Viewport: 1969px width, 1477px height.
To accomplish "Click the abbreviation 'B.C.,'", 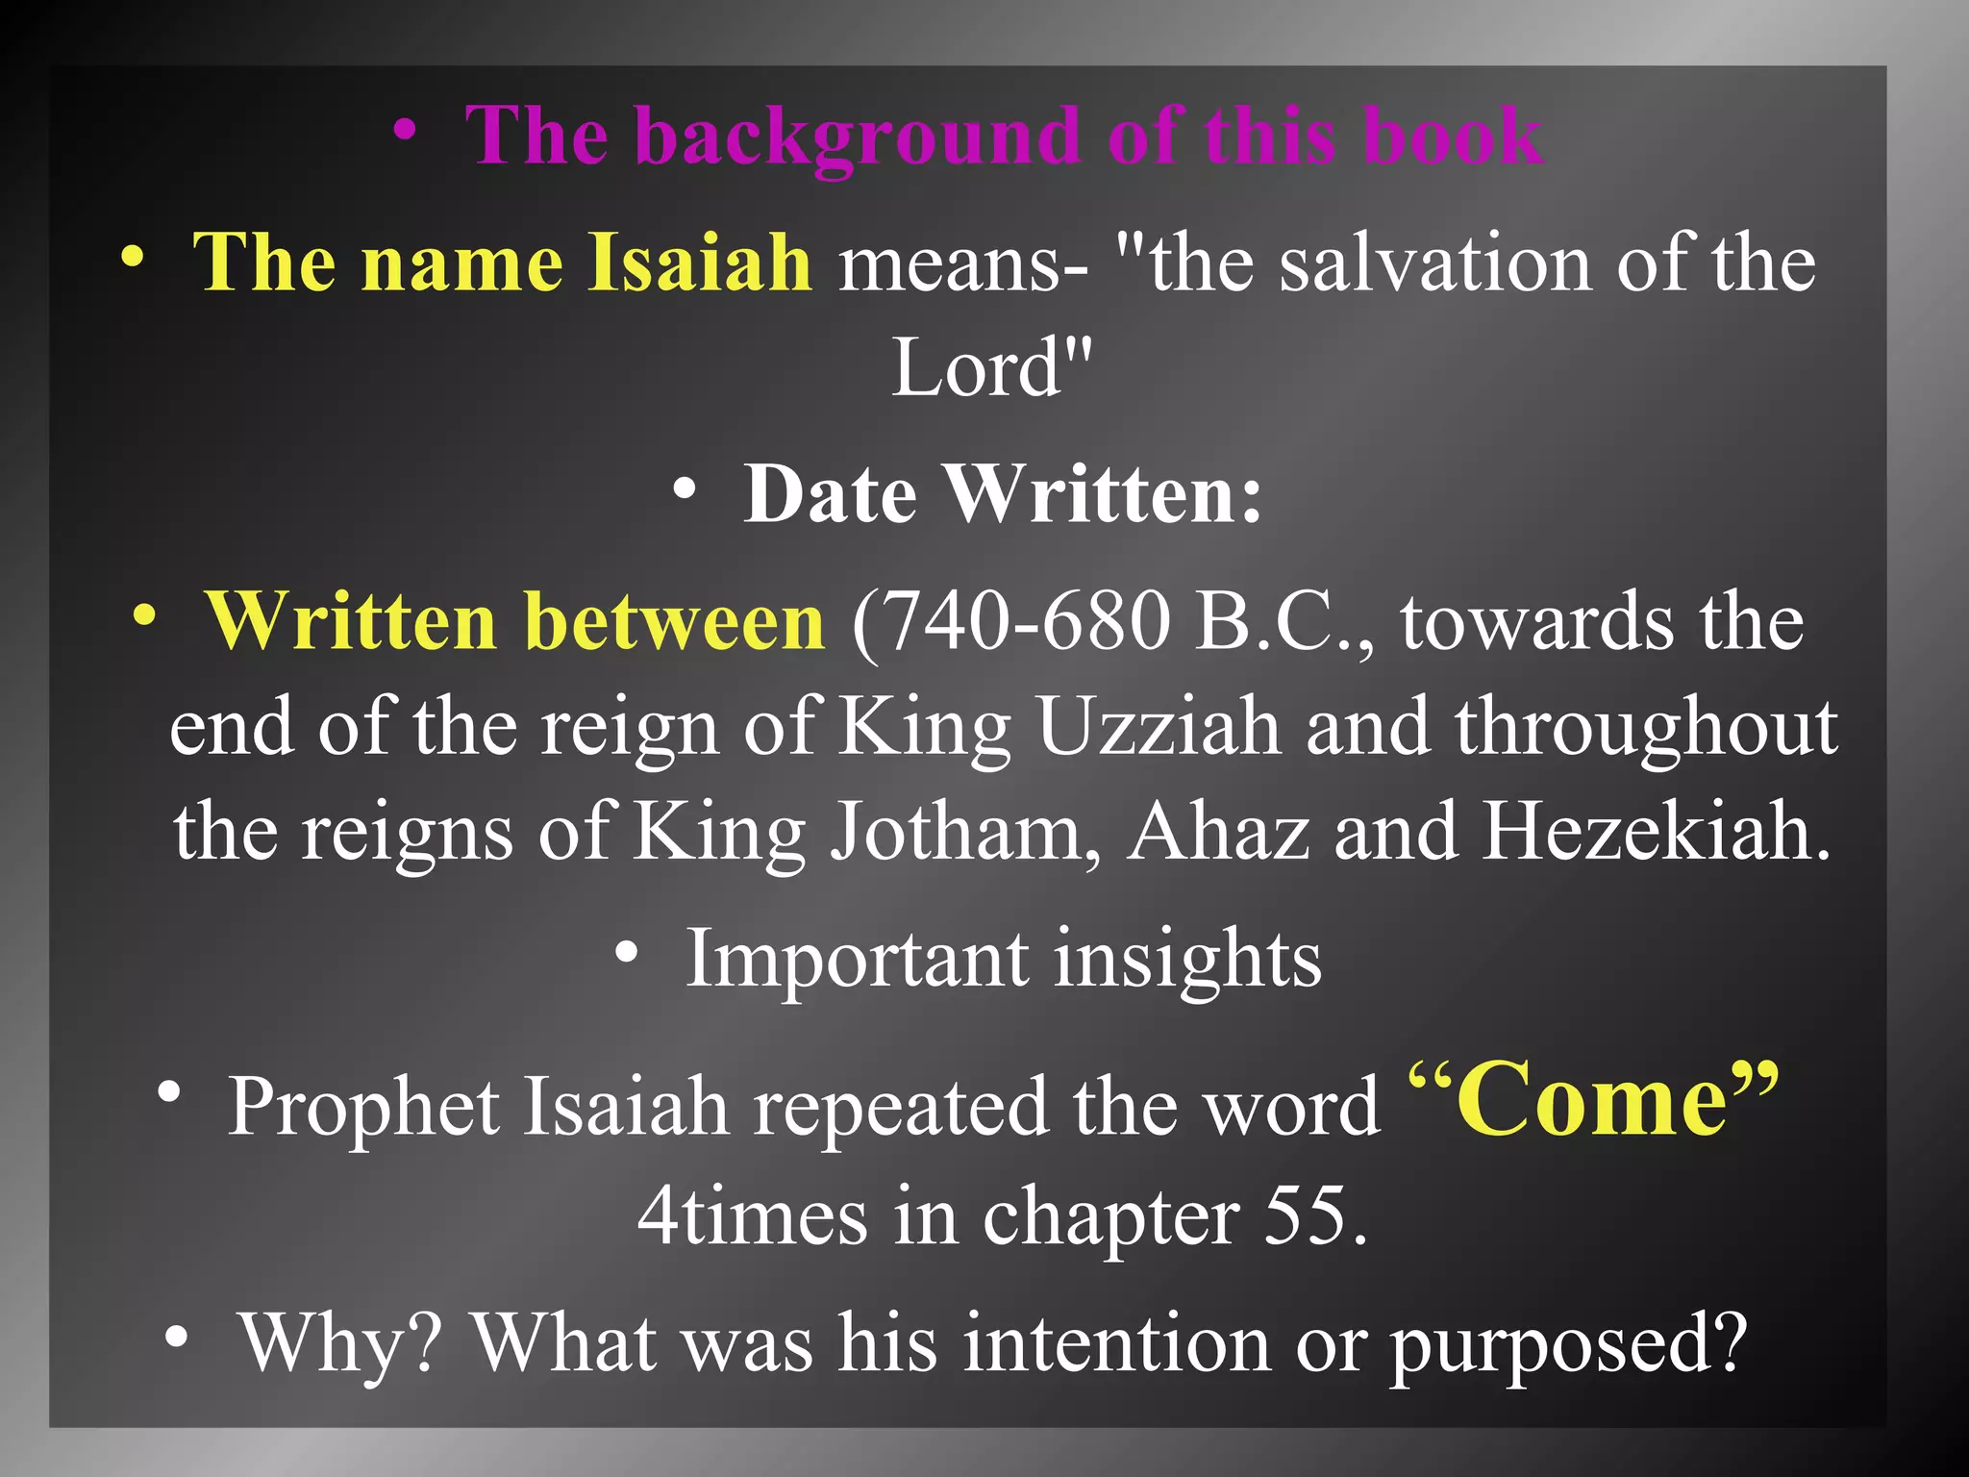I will click(x=1284, y=623).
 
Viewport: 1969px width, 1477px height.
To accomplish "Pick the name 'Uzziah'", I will click(x=1159, y=728).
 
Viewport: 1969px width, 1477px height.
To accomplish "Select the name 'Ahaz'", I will click(x=1218, y=832).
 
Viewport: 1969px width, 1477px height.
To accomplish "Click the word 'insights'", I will click(x=1187, y=959).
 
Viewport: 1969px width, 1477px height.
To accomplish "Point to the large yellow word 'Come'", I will click(x=1591, y=1101).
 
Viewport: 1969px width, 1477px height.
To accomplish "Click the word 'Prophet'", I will click(x=362, y=1108).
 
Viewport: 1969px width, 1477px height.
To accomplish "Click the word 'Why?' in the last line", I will click(x=342, y=1343).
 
